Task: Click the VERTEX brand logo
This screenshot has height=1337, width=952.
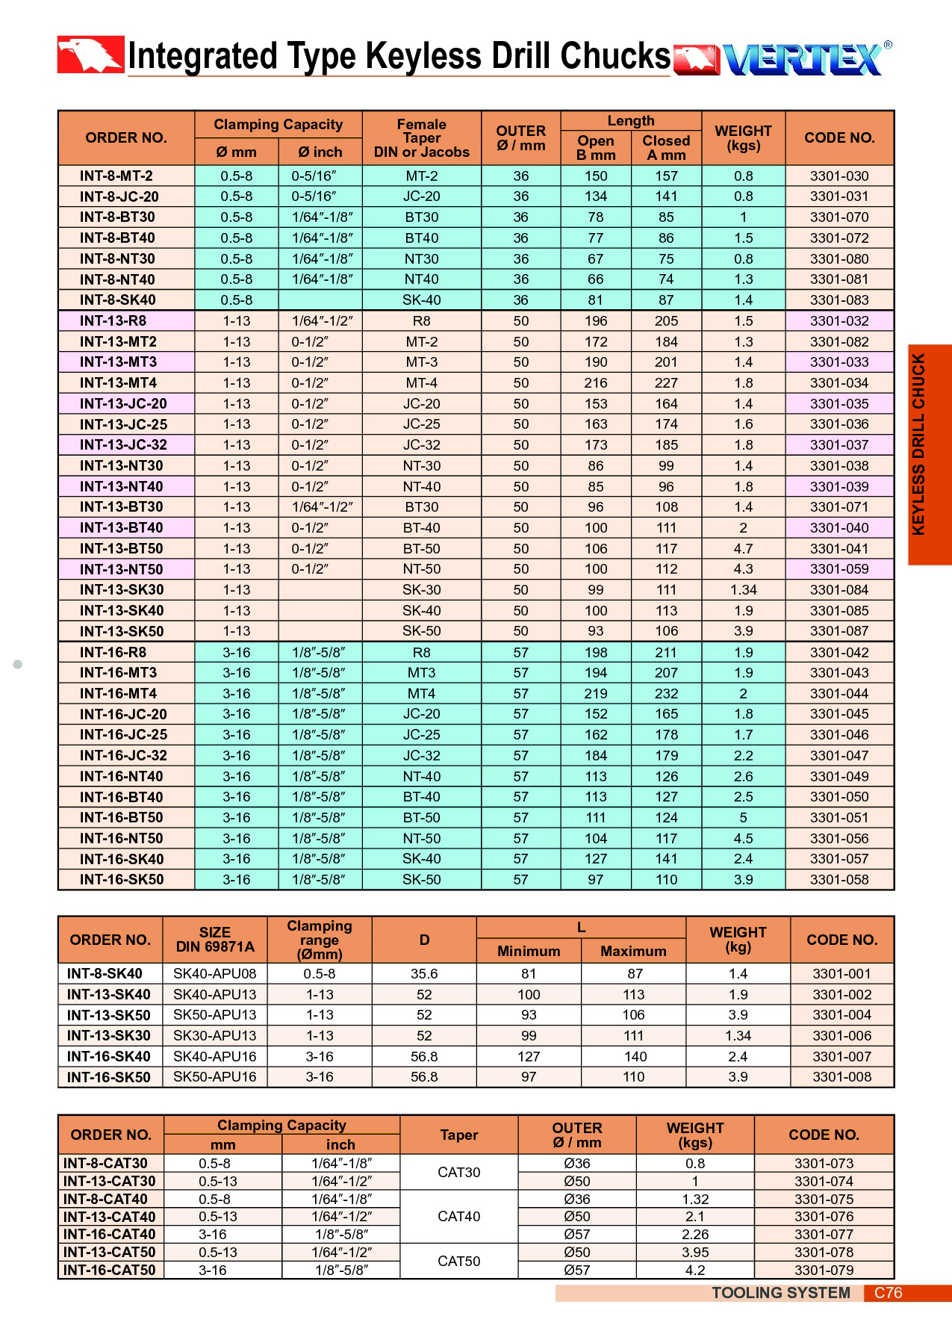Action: [x=803, y=59]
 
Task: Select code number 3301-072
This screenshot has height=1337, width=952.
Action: [x=839, y=238]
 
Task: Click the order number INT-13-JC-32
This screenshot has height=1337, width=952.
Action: [x=123, y=445]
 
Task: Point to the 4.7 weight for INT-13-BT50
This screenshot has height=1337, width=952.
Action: [x=743, y=549]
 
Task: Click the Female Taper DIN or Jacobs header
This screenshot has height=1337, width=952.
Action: [x=422, y=138]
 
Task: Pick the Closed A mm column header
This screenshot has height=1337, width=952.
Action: [x=666, y=148]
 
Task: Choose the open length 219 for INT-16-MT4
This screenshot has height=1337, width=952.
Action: [x=595, y=694]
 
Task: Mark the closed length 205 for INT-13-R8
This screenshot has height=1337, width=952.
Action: [x=666, y=321]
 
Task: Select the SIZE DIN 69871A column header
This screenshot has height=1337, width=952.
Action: [x=215, y=940]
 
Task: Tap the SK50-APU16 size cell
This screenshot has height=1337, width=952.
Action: [x=215, y=1077]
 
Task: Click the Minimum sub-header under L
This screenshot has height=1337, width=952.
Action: [x=529, y=952]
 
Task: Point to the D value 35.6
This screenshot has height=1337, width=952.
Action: [x=424, y=974]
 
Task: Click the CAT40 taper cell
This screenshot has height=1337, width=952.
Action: [x=459, y=1217]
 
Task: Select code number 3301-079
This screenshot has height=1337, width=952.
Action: [x=824, y=1271]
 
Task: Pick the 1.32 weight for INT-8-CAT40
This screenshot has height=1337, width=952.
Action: [x=695, y=1200]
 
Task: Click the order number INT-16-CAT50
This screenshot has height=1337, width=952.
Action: [x=110, y=1271]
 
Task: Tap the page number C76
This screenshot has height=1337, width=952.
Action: [x=889, y=1293]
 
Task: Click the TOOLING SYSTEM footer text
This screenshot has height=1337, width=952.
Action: [x=780, y=1293]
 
